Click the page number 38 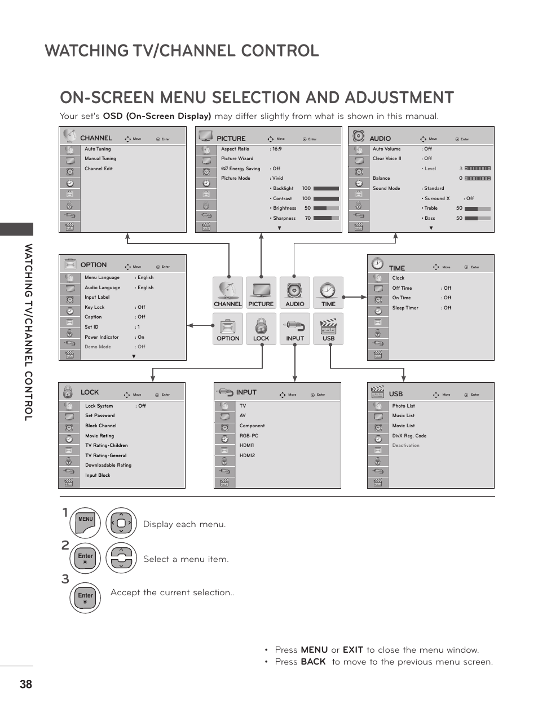tap(26, 684)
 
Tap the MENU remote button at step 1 tap(85, 523)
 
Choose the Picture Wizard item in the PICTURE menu tap(237, 159)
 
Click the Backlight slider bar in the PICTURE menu tap(326, 188)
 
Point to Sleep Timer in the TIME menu tap(405, 308)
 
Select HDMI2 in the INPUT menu tap(247, 455)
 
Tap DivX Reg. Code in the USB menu tap(409, 436)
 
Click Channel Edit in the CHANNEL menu tap(99, 169)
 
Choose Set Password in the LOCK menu tap(100, 416)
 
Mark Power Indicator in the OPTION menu tap(102, 337)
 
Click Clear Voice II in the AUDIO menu tap(387, 159)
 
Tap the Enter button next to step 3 tap(85, 597)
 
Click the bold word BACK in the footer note tap(313, 662)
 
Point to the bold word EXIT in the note tap(352, 650)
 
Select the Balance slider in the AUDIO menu tap(478, 179)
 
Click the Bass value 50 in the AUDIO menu tap(459, 218)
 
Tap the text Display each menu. tap(184, 524)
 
